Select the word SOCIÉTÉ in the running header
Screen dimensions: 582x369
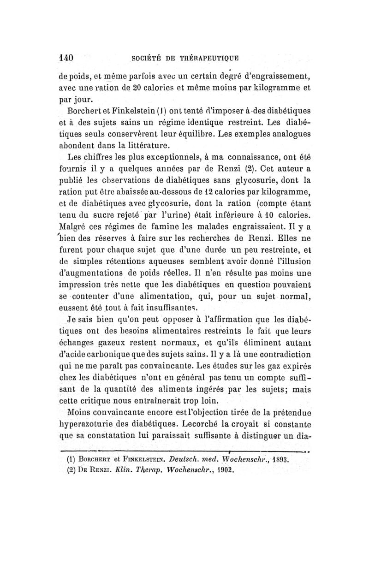pyautogui.click(x=147, y=59)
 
